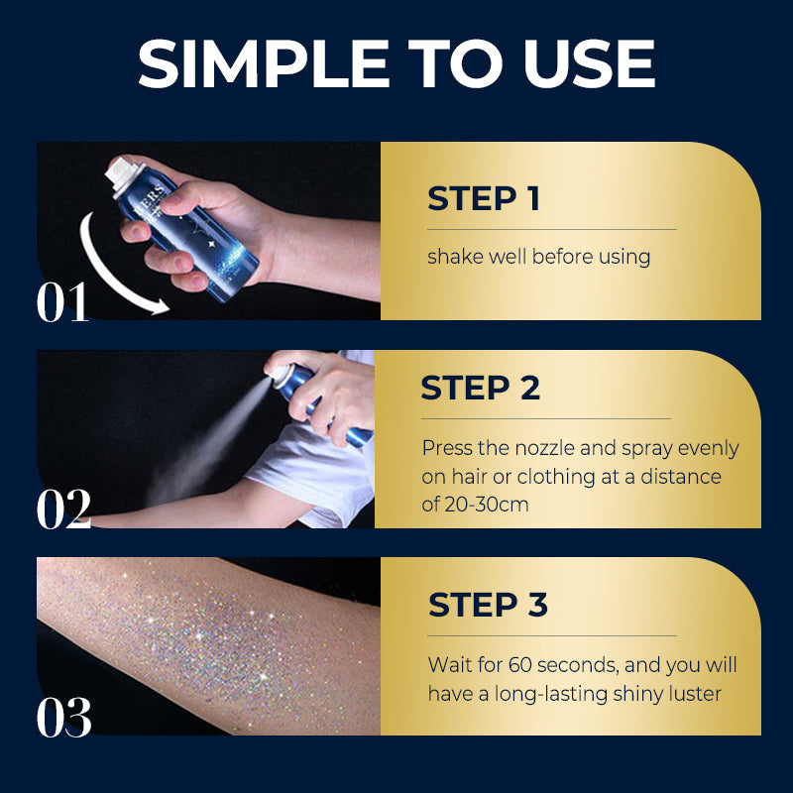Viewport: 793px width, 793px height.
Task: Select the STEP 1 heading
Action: [x=484, y=198]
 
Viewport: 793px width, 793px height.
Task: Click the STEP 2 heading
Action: [x=481, y=388]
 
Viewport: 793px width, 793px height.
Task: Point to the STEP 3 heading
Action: [x=488, y=604]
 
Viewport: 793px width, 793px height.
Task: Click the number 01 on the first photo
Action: [x=63, y=302]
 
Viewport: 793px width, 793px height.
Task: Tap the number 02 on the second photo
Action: [x=63, y=510]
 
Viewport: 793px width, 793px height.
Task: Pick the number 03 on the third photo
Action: [x=63, y=717]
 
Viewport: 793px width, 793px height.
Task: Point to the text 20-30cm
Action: [x=486, y=504]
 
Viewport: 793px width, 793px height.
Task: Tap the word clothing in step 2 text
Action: [x=526, y=476]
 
